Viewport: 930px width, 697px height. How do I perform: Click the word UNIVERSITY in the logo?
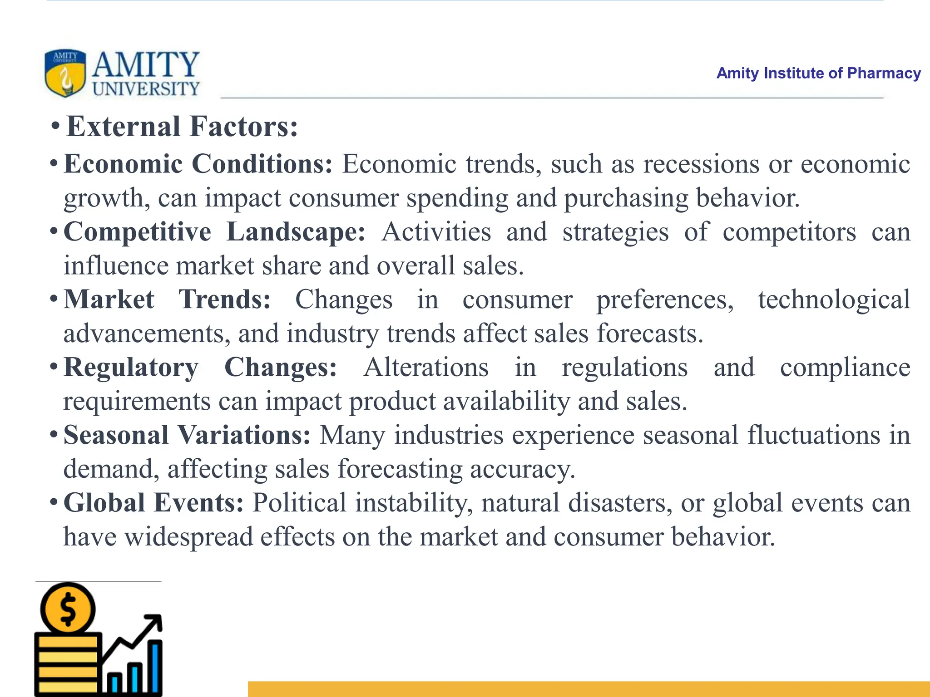pos(146,89)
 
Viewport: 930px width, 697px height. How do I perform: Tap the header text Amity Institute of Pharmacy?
pos(818,73)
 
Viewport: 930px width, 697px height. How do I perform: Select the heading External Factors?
pos(182,127)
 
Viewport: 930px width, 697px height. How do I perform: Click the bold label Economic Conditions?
pos(198,164)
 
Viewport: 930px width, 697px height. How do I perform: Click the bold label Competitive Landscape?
pos(214,232)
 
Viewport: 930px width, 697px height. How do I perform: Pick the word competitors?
pos(789,232)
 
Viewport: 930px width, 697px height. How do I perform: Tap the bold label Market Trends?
pos(167,299)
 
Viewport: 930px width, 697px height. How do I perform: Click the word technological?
pos(834,300)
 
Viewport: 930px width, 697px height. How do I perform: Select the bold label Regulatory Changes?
pos(200,367)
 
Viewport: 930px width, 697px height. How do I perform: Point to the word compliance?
pos(845,368)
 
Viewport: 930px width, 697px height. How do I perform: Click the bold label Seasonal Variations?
pos(187,435)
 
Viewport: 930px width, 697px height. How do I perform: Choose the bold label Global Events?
pos(153,503)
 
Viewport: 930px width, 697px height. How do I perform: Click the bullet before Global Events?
pos(54,502)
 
